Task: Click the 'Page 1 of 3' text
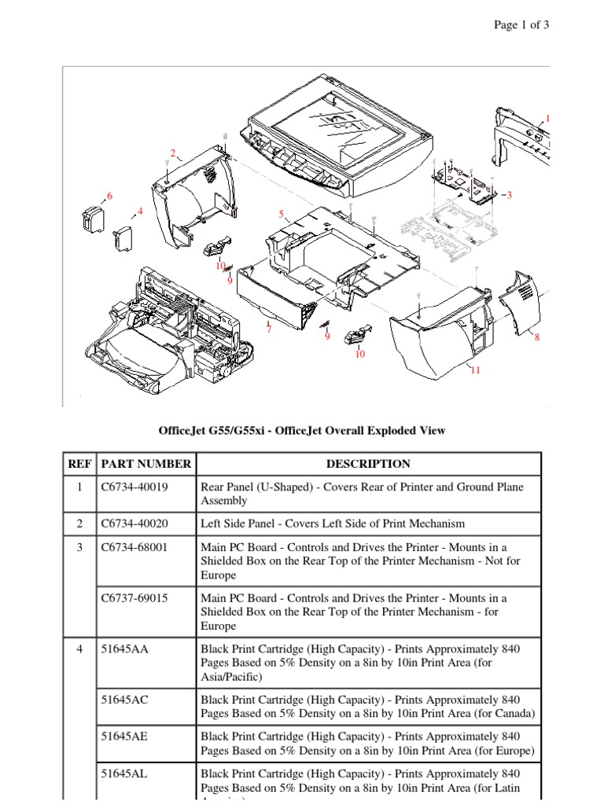(521, 25)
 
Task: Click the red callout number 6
(109, 196)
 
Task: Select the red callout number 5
(281, 214)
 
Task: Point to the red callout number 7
(268, 329)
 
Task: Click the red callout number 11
(474, 370)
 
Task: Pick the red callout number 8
(537, 338)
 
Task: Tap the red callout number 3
(510, 194)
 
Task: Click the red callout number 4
(140, 211)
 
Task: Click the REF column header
(79, 464)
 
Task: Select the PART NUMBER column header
(145, 464)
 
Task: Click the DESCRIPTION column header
(368, 464)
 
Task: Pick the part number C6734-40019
(134, 487)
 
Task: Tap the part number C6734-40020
(134, 524)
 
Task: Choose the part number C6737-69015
(134, 598)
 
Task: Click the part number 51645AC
(125, 700)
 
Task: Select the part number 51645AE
(125, 737)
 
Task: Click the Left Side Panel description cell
(333, 524)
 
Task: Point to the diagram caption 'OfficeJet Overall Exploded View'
(303, 430)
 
